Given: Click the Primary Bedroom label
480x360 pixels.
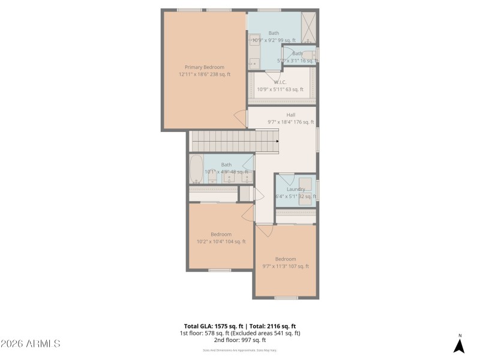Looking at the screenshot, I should [x=204, y=67].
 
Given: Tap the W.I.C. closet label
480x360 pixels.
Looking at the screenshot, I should [x=280, y=82].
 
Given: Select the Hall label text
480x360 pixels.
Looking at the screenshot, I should [x=290, y=115].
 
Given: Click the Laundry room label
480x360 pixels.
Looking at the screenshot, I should [x=295, y=189].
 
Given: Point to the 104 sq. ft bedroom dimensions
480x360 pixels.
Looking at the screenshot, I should [x=221, y=242].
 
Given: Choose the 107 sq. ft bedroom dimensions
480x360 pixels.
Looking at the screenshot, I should [x=285, y=266].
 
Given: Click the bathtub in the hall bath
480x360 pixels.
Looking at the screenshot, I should [x=196, y=170].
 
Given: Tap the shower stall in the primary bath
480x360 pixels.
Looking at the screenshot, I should [x=308, y=26].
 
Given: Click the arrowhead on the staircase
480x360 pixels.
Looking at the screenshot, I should [x=277, y=142].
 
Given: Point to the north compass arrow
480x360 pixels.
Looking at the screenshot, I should [x=459, y=346].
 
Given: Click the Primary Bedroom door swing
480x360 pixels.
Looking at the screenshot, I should [x=241, y=118].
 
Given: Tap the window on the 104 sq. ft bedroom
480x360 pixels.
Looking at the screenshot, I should [x=220, y=270].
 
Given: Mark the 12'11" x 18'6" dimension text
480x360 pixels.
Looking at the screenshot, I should [x=204, y=74].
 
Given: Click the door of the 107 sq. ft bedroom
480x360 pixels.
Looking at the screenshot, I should [x=265, y=230].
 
